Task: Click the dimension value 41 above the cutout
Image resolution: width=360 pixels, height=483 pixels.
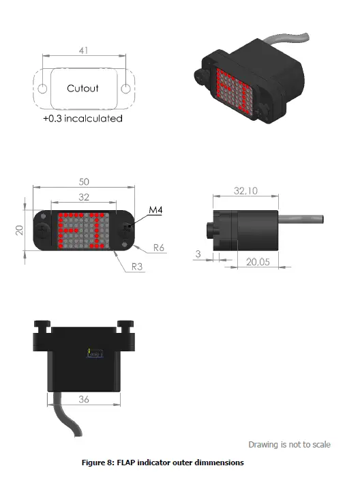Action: click(x=83, y=50)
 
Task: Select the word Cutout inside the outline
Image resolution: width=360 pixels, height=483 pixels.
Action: click(x=82, y=88)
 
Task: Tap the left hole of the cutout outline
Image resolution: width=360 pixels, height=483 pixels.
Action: click(x=42, y=88)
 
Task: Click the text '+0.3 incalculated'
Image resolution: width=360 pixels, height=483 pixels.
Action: click(x=82, y=118)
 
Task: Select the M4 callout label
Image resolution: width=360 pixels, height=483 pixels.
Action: click(x=155, y=211)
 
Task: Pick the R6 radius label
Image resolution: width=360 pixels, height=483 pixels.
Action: click(x=158, y=248)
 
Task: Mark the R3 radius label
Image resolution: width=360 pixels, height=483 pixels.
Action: click(x=137, y=266)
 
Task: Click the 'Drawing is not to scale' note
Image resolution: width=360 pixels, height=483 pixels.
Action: click(x=289, y=444)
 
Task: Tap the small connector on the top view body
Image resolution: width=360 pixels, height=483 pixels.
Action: click(x=95, y=353)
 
